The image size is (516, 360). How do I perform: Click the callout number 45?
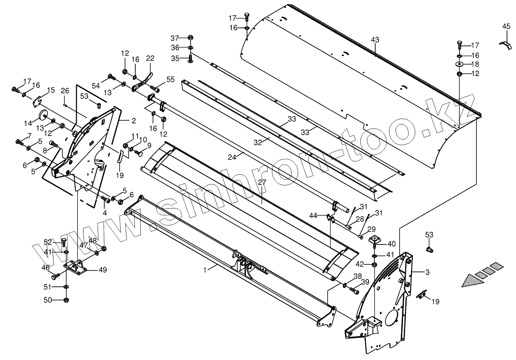[506, 27]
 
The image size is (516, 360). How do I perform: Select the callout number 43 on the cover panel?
[375, 40]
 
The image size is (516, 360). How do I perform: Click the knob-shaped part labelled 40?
[375, 239]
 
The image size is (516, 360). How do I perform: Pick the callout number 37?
[174, 38]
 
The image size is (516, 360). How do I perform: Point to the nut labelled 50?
[66, 300]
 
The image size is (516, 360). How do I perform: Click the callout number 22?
[150, 58]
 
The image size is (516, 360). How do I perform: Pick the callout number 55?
[170, 80]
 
